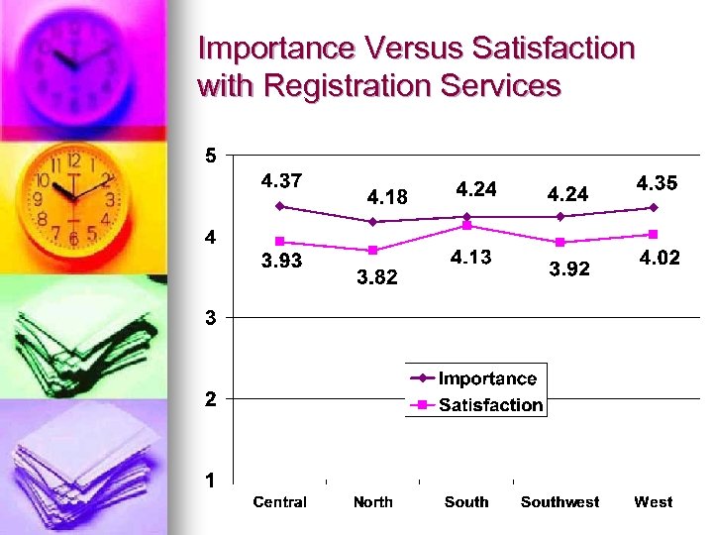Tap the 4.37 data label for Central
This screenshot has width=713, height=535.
(281, 180)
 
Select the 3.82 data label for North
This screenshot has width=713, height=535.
(376, 278)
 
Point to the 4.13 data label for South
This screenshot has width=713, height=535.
(471, 258)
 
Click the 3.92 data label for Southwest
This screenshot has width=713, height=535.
(568, 268)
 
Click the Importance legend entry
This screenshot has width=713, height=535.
(487, 378)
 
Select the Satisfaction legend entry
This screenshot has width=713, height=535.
(490, 404)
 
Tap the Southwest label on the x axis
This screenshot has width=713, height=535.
(560, 502)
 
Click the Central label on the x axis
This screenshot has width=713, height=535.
(280, 502)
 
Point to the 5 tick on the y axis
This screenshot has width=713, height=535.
(211, 156)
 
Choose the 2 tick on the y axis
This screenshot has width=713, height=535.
(211, 399)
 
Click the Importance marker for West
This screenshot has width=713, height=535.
(654, 207)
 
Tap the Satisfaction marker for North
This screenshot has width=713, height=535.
(373, 250)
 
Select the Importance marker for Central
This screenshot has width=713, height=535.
(280, 206)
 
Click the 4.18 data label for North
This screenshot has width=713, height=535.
(387, 197)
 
